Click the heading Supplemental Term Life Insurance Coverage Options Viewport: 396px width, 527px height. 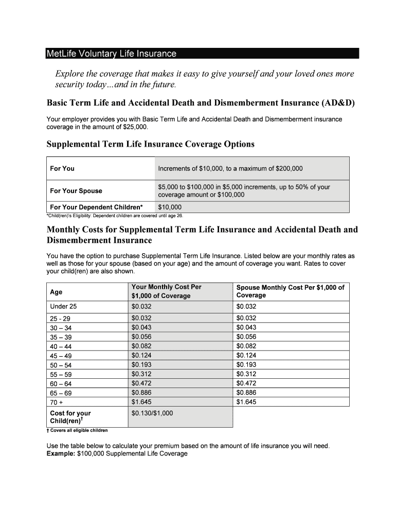point(150,144)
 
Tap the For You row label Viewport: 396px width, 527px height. point(62,168)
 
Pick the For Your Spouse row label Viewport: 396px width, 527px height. point(76,191)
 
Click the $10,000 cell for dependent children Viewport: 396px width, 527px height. point(170,207)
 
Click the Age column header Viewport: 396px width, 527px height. point(56,292)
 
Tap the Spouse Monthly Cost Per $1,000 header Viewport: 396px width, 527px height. point(290,291)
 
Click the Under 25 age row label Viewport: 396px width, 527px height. point(63,306)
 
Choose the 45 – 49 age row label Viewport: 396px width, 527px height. point(61,356)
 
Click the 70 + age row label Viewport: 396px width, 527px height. point(57,402)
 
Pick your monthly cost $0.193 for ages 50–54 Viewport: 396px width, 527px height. point(141,365)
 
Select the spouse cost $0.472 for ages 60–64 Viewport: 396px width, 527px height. point(246,383)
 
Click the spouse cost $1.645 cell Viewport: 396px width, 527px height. point(246,402)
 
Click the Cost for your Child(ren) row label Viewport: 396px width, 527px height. point(70,417)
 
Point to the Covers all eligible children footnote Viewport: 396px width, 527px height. point(79,431)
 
